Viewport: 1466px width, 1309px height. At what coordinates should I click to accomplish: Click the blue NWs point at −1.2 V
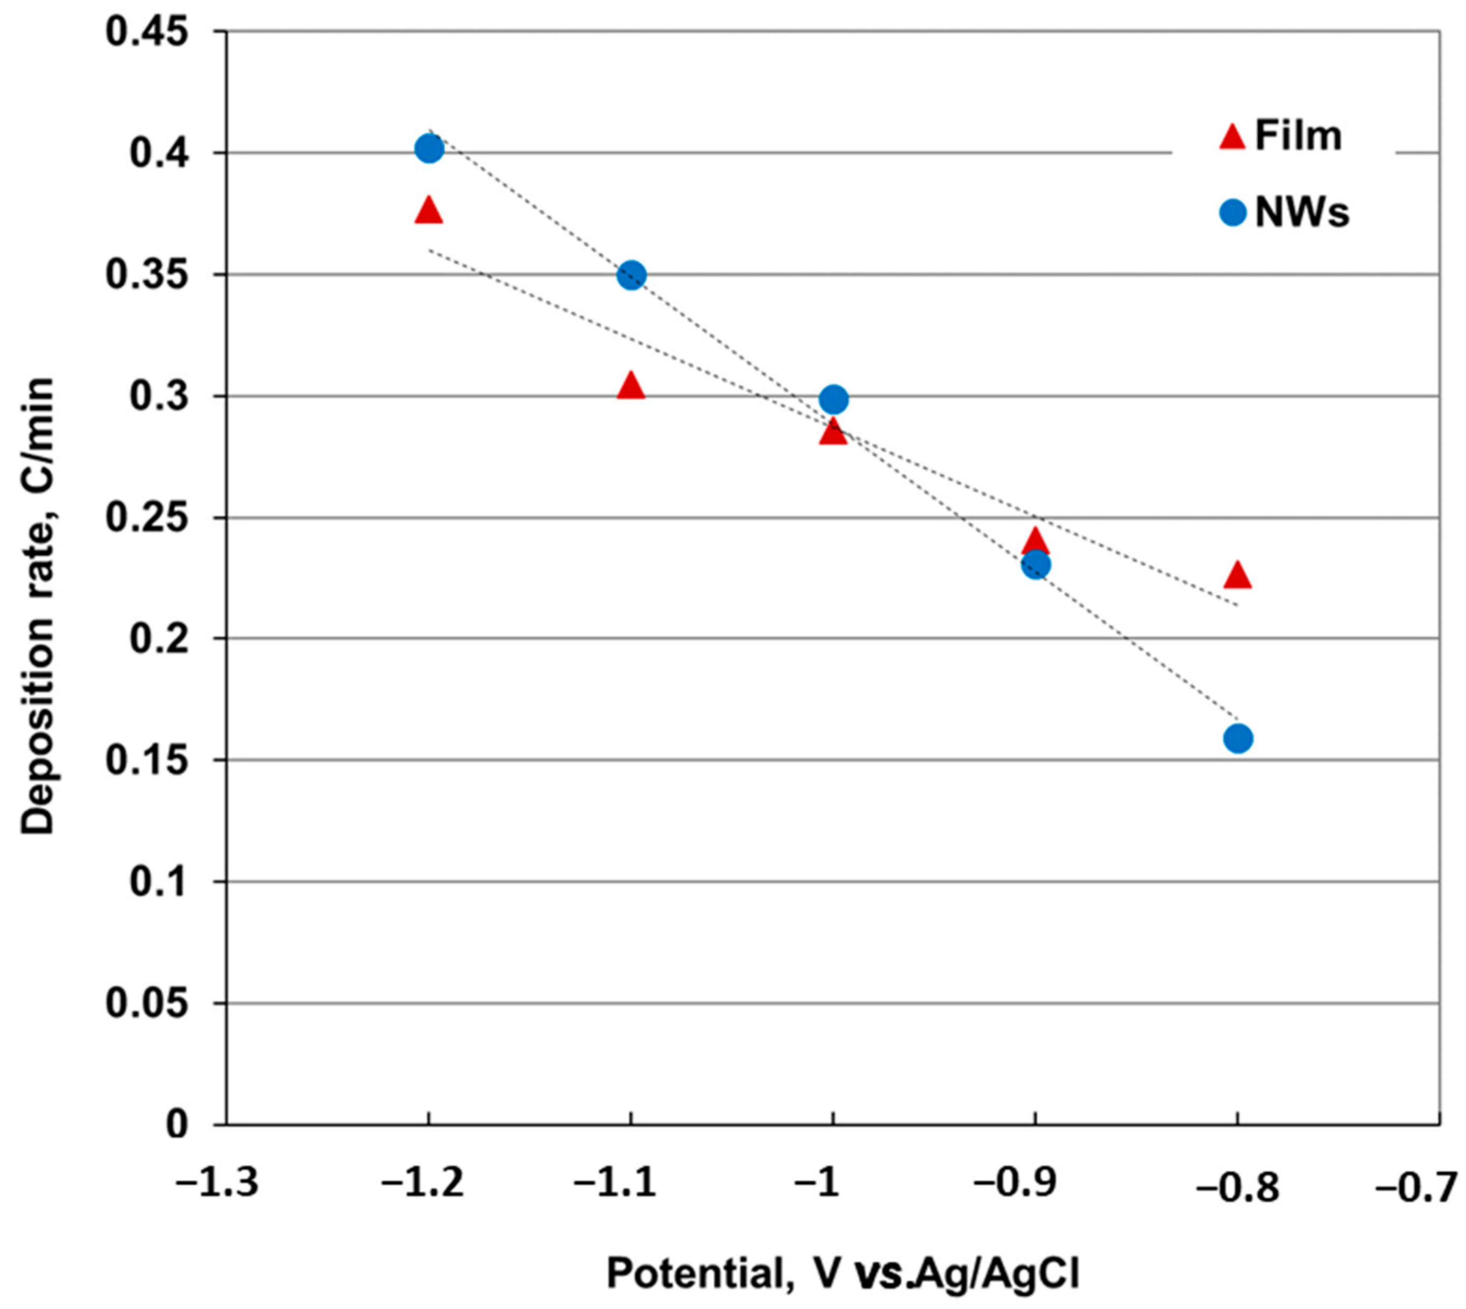click(x=429, y=150)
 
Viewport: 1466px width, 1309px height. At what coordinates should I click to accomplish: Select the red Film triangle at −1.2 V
click(x=429, y=211)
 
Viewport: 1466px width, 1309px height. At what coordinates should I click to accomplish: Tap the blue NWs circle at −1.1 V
click(x=631, y=275)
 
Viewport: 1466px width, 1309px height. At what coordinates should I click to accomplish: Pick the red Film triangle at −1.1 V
click(x=631, y=387)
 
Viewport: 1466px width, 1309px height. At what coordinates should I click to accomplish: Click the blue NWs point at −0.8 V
click(x=1237, y=738)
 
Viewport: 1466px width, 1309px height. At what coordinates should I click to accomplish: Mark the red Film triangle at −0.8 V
click(x=1237, y=575)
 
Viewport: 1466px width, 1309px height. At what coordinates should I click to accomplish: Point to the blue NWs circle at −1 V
click(x=833, y=399)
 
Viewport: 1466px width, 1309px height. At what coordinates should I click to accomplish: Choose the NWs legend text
click(x=1302, y=213)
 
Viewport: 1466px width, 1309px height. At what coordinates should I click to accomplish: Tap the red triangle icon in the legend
click(x=1232, y=137)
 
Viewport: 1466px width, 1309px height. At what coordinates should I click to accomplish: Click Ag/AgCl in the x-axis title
click(x=1000, y=1273)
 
